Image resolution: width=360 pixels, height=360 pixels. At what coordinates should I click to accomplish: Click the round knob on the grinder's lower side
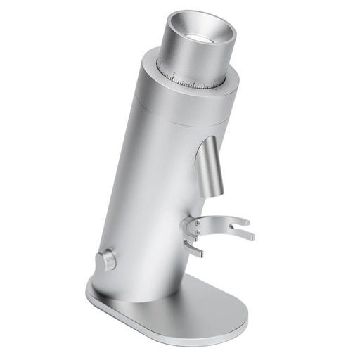[108, 260]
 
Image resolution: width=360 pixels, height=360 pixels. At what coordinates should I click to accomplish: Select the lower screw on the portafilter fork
[197, 232]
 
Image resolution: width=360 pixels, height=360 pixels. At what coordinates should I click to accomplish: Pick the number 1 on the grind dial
[173, 72]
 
